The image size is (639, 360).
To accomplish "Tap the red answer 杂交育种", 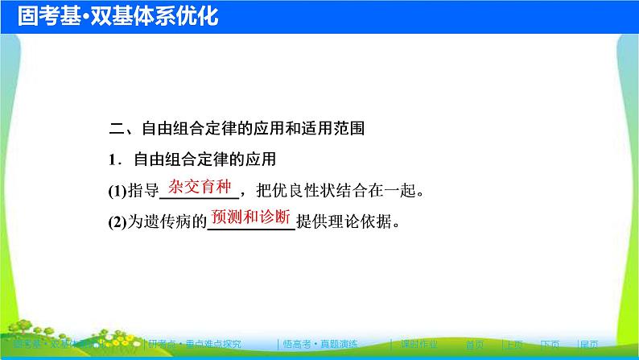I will click(x=200, y=187).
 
